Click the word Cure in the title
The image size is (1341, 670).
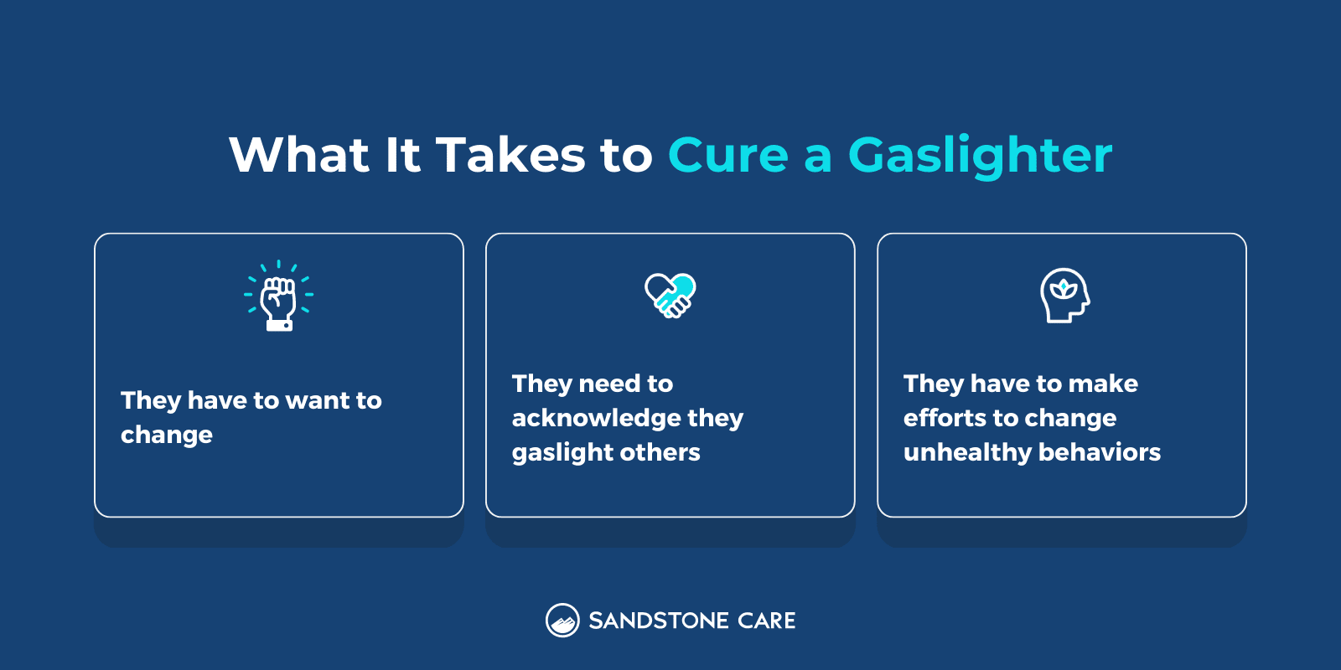tap(727, 156)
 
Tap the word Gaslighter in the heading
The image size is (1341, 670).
tap(980, 156)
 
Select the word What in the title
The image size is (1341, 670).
tap(299, 156)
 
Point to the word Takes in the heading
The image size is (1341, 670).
tap(510, 156)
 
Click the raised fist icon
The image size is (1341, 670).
tap(279, 296)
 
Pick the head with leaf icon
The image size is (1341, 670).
tap(1064, 296)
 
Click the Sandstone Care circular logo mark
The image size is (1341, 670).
tap(562, 621)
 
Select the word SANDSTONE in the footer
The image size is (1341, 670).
tap(658, 621)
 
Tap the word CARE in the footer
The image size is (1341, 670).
tap(767, 621)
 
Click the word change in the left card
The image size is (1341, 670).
tap(167, 435)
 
